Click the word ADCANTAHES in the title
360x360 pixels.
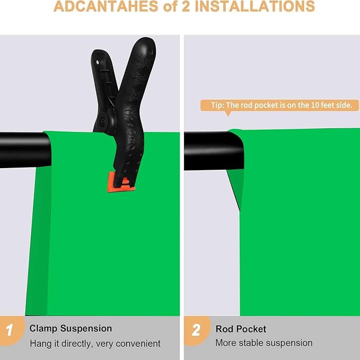point(106,6)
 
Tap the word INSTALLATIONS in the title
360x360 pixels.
point(255,6)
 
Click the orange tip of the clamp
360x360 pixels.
point(121,182)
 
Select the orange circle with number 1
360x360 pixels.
point(11,331)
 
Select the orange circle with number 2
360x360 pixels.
point(197,331)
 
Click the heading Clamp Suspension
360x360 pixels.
point(71,329)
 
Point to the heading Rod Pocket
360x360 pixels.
point(241,329)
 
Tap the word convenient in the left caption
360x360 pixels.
point(138,344)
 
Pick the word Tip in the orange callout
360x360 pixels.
point(217,105)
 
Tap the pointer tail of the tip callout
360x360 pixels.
point(228,113)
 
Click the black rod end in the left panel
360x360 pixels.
point(25,150)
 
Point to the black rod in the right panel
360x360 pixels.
point(214,151)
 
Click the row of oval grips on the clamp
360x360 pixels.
point(130,130)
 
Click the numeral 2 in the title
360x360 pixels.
point(186,6)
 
